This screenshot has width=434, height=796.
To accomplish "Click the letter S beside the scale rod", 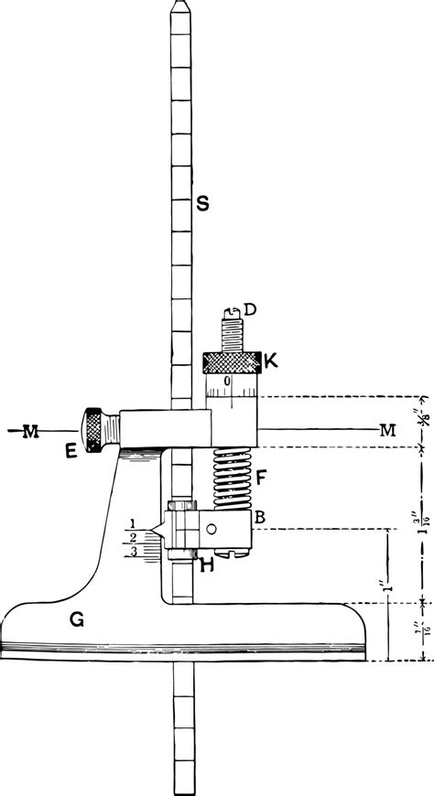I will pyautogui.click(x=202, y=205).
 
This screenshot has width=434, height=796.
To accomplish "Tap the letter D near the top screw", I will pyautogui.click(x=250, y=311).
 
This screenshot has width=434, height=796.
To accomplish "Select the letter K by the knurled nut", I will pyautogui.click(x=271, y=361).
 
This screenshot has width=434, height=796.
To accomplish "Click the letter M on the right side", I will pyautogui.click(x=387, y=429).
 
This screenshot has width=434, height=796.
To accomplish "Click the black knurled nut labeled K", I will pyautogui.click(x=232, y=362).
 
